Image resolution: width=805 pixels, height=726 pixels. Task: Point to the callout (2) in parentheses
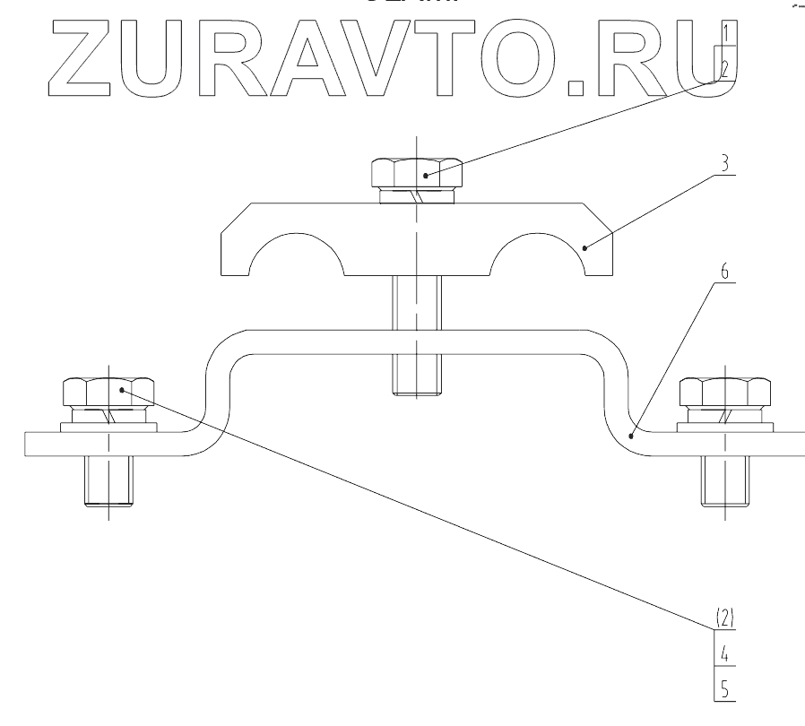(724, 617)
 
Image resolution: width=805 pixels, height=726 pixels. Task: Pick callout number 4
(724, 653)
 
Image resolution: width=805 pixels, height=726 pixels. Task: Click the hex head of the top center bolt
(416, 169)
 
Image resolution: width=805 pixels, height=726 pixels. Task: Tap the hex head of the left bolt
(108, 392)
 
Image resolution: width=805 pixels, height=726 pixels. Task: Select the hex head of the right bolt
(724, 392)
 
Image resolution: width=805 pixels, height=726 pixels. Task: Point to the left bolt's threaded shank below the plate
(108, 482)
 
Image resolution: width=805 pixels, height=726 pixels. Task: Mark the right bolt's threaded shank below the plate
(724, 482)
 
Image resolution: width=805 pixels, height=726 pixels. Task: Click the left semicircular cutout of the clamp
(296, 255)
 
